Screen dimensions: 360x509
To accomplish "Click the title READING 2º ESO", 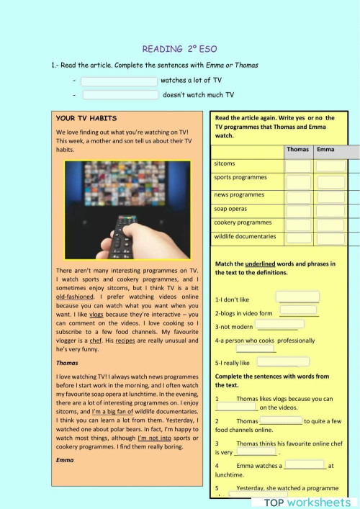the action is click(x=180, y=49).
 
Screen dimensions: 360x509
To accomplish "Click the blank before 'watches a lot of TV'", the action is click(x=119, y=81).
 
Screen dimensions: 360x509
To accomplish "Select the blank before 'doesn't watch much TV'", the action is click(x=120, y=94).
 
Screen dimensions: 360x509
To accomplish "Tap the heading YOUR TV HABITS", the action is click(x=86, y=118).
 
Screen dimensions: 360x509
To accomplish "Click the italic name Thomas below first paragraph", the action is click(x=67, y=363).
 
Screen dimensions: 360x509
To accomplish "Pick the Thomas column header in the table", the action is click(x=297, y=150).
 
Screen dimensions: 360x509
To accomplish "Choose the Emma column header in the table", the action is click(x=325, y=150).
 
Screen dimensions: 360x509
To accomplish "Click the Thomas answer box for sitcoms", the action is click(x=297, y=166).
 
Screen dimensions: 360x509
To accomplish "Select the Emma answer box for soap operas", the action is click(x=330, y=210).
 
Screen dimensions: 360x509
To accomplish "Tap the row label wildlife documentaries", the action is click(x=245, y=236).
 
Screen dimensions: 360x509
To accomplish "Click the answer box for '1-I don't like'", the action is click(x=297, y=297).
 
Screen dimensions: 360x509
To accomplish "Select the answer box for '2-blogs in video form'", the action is click(x=298, y=310).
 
